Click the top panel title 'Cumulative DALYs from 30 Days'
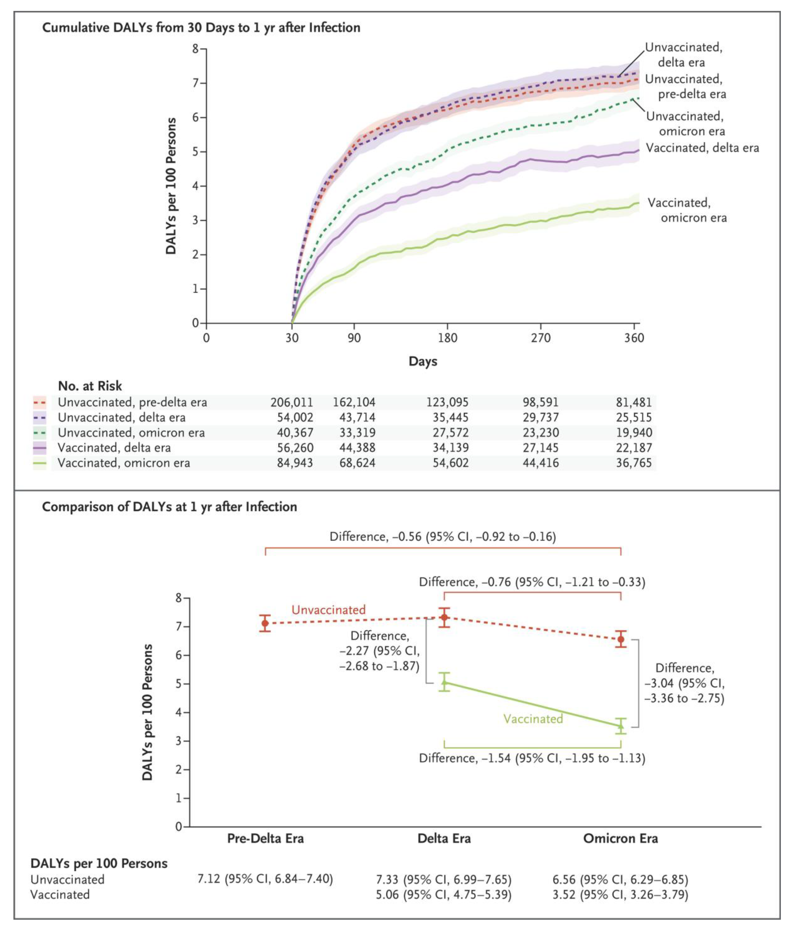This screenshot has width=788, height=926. (201, 28)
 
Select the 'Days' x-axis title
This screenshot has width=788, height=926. (423, 361)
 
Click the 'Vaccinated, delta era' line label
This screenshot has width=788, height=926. (702, 148)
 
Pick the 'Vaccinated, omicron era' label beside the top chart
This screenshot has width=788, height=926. (687, 210)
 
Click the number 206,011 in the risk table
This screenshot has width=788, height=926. (292, 402)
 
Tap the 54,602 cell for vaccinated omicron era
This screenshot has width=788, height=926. (451, 463)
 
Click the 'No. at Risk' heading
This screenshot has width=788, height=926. (90, 386)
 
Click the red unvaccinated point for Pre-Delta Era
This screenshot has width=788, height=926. (265, 623)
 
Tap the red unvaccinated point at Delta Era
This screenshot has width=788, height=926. (444, 617)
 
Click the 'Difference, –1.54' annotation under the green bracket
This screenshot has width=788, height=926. (532, 758)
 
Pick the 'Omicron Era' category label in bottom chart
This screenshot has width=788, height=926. (620, 838)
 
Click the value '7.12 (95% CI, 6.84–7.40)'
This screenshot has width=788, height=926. (265, 879)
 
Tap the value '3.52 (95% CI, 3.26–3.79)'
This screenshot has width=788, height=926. (620, 894)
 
